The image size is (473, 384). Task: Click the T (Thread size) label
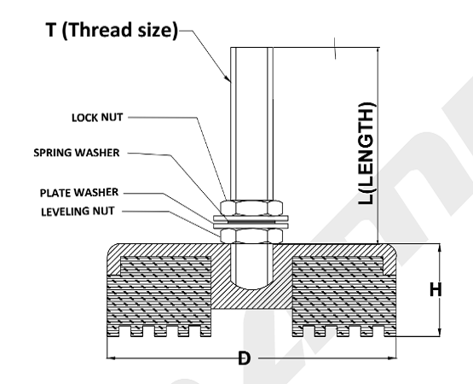[x=112, y=30]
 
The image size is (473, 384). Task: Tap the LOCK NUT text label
[x=97, y=117]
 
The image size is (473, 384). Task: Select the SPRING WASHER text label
[x=77, y=153]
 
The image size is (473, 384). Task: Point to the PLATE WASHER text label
[x=79, y=193]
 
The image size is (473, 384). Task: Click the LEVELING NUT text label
[x=78, y=211]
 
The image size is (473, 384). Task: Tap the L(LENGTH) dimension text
[x=367, y=154]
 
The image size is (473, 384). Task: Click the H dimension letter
[x=435, y=290]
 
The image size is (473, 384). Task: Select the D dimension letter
[x=244, y=358]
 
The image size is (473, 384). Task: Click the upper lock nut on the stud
[x=251, y=207]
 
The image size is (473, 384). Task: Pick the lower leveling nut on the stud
[x=251, y=236]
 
